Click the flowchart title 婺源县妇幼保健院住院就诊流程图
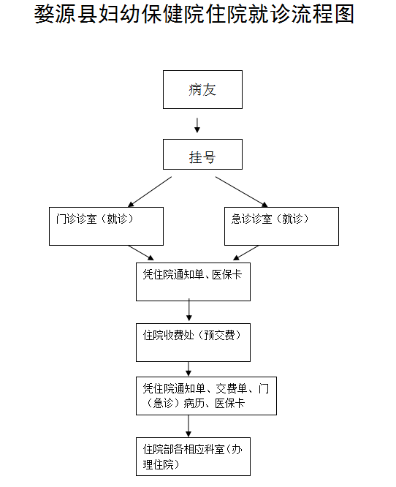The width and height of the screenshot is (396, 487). point(194,15)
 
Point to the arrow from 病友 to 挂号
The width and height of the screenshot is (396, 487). point(197,125)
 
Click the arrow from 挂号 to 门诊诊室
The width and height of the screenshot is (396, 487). point(150,192)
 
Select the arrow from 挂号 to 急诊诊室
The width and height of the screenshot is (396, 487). point(241,192)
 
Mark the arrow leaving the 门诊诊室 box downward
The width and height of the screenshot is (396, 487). point(141,252)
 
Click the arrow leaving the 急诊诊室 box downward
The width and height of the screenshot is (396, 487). point(245,252)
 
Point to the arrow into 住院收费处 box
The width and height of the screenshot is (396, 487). point(189,310)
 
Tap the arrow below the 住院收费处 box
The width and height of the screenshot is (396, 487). point(189,369)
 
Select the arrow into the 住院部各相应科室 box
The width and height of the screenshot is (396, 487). point(189,426)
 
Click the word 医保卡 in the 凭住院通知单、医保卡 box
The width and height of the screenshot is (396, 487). point(227,274)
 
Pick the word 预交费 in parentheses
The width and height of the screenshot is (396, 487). point(219,335)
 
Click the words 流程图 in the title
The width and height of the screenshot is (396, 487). point(323,15)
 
